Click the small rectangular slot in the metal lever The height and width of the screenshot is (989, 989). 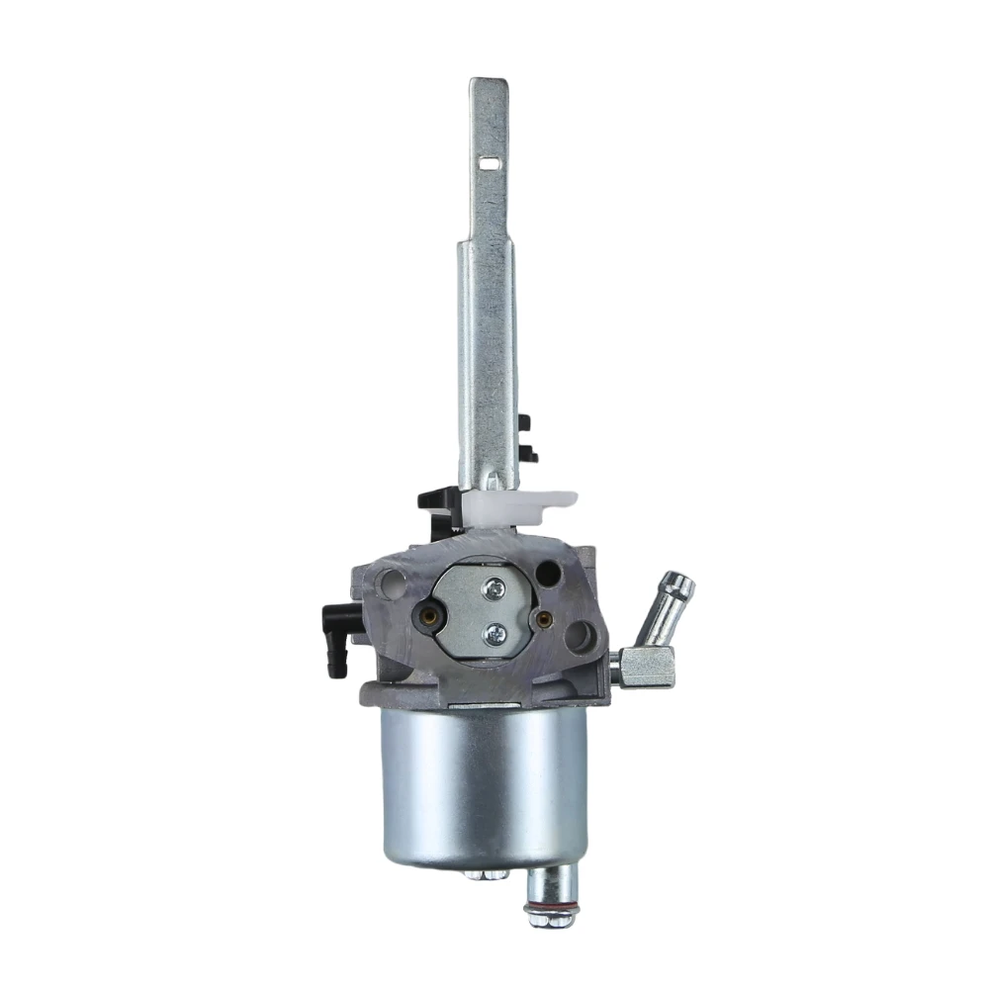coord(490,156)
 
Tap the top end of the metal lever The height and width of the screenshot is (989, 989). coord(489,87)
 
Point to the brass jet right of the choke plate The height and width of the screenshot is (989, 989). coord(542,618)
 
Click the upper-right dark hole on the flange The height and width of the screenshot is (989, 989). coord(546,573)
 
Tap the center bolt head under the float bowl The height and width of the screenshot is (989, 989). coord(482,874)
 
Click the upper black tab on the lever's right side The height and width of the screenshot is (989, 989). coord(523,422)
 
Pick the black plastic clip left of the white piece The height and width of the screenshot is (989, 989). coord(437,498)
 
